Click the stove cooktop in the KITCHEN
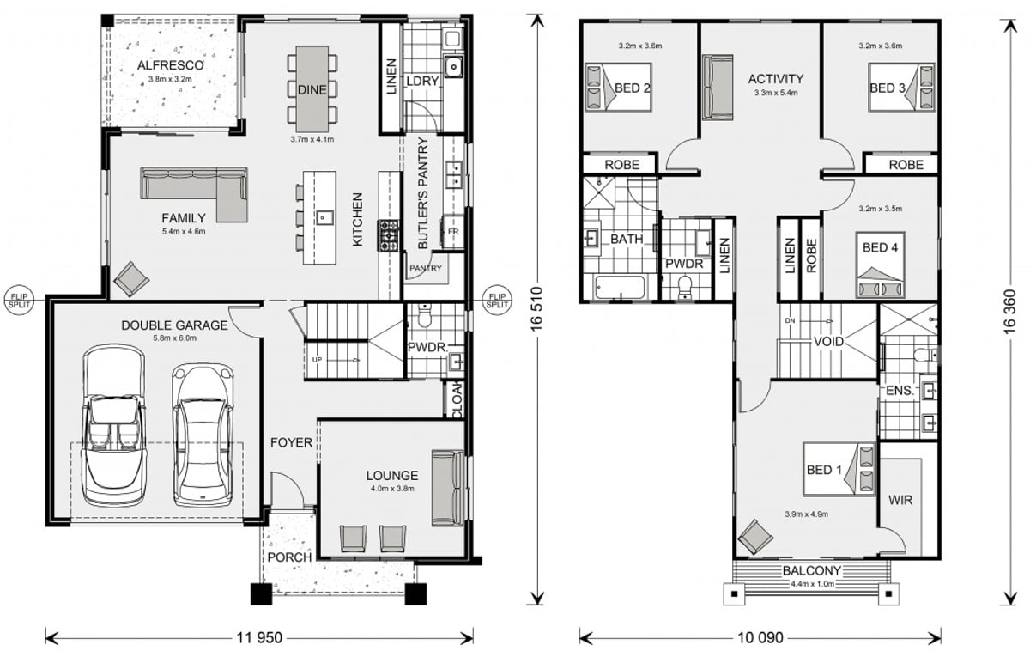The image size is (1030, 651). pyautogui.click(x=389, y=234)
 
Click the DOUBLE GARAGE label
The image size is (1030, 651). pyautogui.click(x=174, y=325)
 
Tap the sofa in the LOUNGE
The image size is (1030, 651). pyautogui.click(x=446, y=487)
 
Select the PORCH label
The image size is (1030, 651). pyautogui.click(x=289, y=557)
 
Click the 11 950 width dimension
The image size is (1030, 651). pyautogui.click(x=258, y=638)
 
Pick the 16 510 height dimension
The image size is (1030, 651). pyautogui.click(x=537, y=310)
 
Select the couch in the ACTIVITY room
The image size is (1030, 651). pyautogui.click(x=718, y=88)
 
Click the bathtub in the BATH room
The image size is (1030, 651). pyautogui.click(x=618, y=289)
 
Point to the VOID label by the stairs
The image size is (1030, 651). pyautogui.click(x=829, y=342)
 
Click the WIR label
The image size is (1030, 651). pyautogui.click(x=900, y=499)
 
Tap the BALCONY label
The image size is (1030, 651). pyautogui.click(x=811, y=570)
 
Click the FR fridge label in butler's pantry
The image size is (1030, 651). pyautogui.click(x=452, y=233)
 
